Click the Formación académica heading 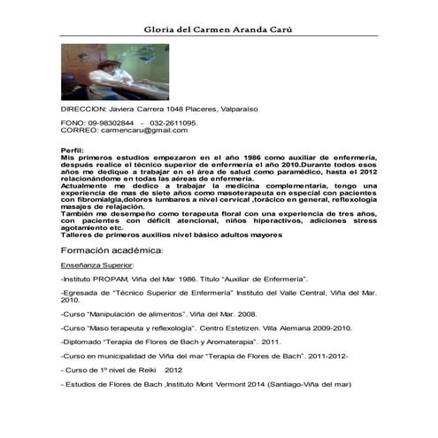point(105,251)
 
